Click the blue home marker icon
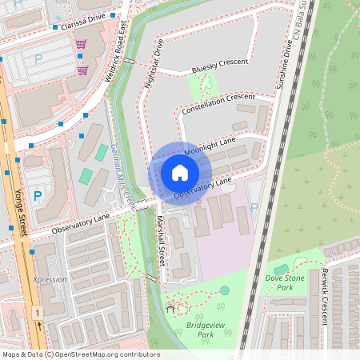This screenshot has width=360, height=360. click(x=180, y=172)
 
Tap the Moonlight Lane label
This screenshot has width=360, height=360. click(x=210, y=146)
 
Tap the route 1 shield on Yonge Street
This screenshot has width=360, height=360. click(x=37, y=312)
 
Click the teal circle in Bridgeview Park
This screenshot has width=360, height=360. click(x=225, y=290)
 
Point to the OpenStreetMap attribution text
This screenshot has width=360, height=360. click(x=81, y=354)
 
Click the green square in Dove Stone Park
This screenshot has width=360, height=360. click(x=281, y=270)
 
